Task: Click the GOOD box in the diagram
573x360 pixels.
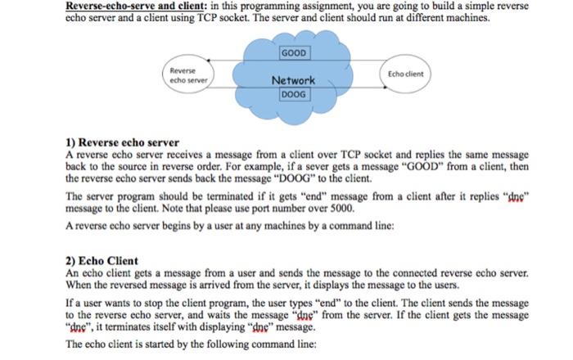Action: tap(292, 53)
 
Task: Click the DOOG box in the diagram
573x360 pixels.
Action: tap(292, 94)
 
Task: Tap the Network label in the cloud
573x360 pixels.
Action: tap(293, 80)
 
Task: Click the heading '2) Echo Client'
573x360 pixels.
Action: tap(102, 261)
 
